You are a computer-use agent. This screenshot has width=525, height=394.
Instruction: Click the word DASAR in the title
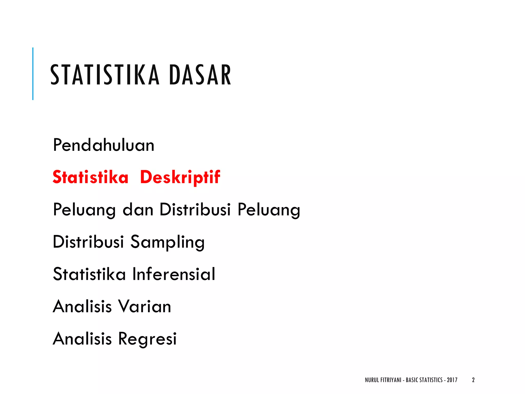click(x=200, y=75)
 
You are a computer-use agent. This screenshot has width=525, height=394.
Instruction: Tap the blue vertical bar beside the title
click(x=33, y=74)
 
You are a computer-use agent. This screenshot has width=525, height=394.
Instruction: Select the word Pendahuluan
click(x=104, y=145)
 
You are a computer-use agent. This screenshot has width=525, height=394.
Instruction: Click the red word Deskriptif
click(x=180, y=177)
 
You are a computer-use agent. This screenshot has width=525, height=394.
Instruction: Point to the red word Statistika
click(x=90, y=177)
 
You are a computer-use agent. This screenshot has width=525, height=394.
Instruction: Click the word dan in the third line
click(x=138, y=210)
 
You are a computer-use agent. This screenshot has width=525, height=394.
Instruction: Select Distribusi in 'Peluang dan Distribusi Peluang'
click(x=195, y=210)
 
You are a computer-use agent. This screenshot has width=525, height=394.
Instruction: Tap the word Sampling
click(x=167, y=242)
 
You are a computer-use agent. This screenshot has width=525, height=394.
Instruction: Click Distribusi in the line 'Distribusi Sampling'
click(x=88, y=242)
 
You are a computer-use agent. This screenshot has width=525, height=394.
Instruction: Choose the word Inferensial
click(x=174, y=274)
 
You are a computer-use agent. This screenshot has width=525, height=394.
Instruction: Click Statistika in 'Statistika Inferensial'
click(x=89, y=274)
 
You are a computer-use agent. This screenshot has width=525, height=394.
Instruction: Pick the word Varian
click(x=144, y=306)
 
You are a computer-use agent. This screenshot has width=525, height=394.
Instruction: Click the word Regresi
click(x=147, y=339)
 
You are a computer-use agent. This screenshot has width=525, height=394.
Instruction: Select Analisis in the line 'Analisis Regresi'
click(x=82, y=339)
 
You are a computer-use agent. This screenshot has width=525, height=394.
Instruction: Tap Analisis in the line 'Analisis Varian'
click(x=82, y=306)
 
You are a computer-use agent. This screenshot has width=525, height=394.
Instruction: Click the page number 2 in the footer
click(x=473, y=380)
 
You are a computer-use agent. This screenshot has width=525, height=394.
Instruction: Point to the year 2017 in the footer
click(x=452, y=380)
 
